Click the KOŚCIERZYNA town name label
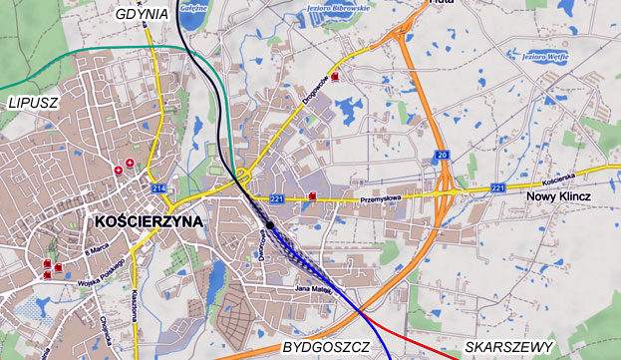click(x=146, y=220)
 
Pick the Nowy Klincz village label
click(x=557, y=196)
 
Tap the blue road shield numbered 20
click(x=441, y=156)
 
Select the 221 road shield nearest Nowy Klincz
click(x=498, y=186)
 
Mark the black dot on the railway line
click(x=270, y=225)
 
